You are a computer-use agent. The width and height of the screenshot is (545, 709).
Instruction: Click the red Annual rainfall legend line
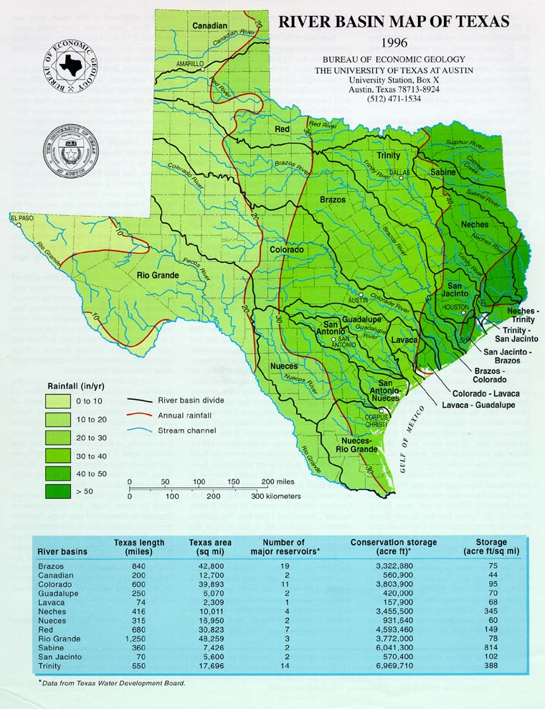coord(141,415)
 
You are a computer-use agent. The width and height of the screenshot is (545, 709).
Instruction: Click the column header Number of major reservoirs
coord(285,547)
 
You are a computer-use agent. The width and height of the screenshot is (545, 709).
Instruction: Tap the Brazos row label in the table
coord(51,566)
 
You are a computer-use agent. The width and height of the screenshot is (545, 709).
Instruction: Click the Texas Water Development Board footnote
coord(113,682)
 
